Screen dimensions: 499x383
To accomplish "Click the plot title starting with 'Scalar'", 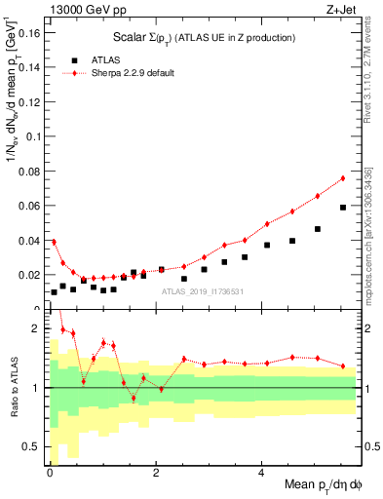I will pos(204,37).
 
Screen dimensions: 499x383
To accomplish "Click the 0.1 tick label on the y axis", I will pos(32,135).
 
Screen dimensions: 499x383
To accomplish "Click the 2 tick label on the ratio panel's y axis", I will pos(37,328).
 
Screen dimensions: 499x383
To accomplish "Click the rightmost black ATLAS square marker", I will pos(343,208).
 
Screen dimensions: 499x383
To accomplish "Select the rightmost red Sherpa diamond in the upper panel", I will pos(343,178).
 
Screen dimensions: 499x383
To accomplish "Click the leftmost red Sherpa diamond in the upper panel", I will pos(54,242).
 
